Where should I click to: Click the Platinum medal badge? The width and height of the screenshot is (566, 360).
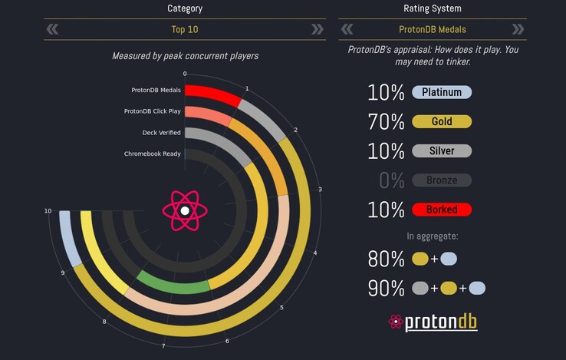442,93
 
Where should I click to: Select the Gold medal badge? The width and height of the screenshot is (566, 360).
442,122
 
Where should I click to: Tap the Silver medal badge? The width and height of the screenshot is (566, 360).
442,151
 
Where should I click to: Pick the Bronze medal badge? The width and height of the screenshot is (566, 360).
442,180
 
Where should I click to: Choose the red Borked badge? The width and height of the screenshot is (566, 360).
442,210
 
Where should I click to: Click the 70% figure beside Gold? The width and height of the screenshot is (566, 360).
386,122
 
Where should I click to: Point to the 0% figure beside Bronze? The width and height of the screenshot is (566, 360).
391,180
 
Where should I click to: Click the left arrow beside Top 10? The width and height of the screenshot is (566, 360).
52,30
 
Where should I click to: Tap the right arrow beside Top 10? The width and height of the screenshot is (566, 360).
317,30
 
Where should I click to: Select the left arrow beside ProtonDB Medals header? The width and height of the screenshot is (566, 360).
347,30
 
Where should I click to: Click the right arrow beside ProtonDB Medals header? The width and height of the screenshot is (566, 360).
518,30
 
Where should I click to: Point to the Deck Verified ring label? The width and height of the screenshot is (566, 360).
155,133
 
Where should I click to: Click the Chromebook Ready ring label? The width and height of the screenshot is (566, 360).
153,154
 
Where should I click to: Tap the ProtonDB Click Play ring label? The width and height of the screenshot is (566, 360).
153,111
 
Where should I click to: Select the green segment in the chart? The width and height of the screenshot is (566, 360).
173,283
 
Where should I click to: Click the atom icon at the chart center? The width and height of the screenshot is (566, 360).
184,210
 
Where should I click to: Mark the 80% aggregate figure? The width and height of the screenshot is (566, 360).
386,259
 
